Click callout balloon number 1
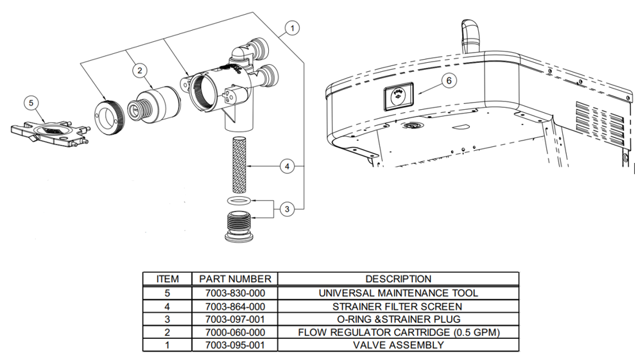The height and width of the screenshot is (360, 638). pyautogui.click(x=291, y=28)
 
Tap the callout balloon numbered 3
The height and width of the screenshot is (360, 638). pyautogui.click(x=288, y=209)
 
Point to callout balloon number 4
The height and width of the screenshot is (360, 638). pyautogui.click(x=288, y=167)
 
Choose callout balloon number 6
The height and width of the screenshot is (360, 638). pyautogui.click(x=449, y=80)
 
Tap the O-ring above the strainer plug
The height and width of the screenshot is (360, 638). pyautogui.click(x=239, y=201)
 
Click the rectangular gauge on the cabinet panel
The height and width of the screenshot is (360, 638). pyautogui.click(x=397, y=97)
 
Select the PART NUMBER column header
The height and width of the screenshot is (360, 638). pyautogui.click(x=235, y=279)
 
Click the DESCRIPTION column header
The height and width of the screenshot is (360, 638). pyautogui.click(x=398, y=279)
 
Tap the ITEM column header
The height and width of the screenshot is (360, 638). pyautogui.click(x=167, y=279)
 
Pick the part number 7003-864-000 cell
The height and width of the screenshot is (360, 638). pyautogui.click(x=235, y=306)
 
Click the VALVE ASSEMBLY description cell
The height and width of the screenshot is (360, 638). pyautogui.click(x=398, y=345)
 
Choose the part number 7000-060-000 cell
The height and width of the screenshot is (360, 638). pyautogui.click(x=235, y=332)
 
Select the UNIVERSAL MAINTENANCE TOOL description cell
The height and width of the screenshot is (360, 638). pyautogui.click(x=398, y=293)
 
